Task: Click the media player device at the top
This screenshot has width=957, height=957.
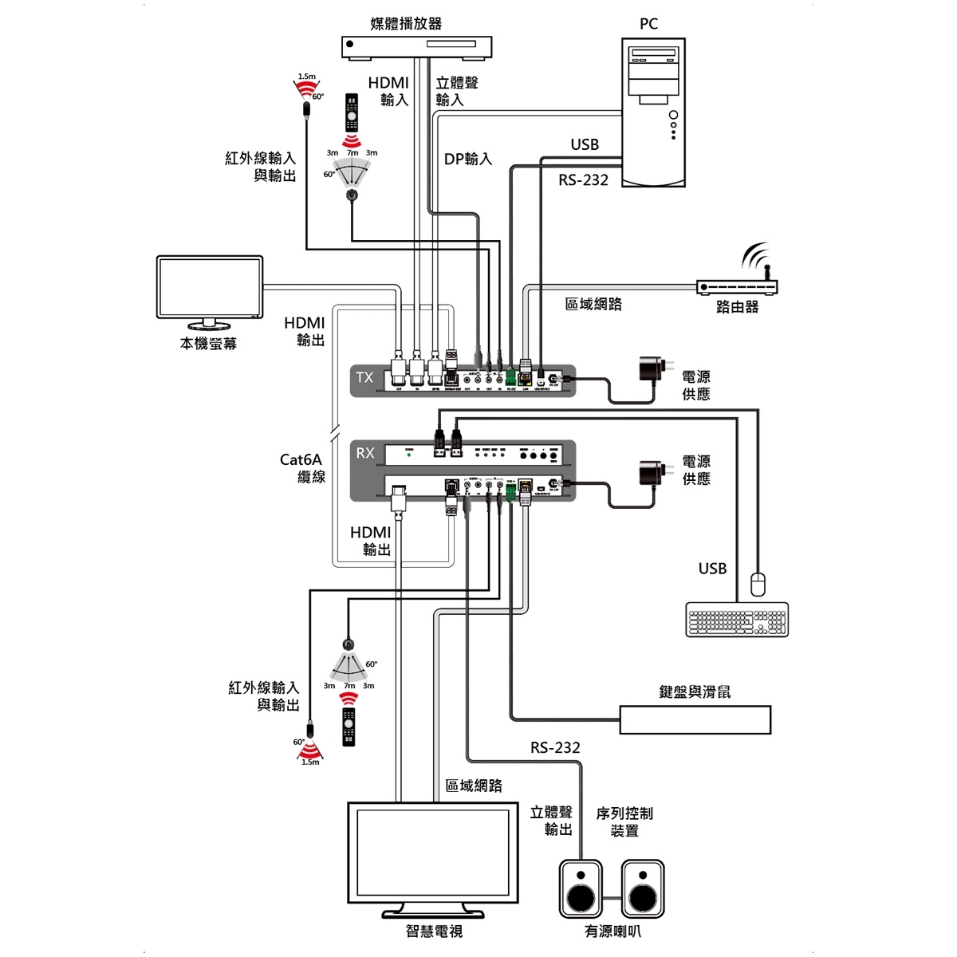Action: pos(417,47)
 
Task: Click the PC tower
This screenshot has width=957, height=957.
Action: pos(653,112)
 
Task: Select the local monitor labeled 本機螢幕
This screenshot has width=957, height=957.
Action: pos(210,288)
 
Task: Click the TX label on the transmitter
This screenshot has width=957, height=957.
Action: pos(364,377)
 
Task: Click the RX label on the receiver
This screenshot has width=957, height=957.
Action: pos(365,453)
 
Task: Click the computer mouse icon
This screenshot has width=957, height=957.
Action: pos(758,585)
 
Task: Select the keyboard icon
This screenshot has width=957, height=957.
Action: pos(737,620)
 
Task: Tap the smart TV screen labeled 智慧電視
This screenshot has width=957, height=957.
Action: pos(433,853)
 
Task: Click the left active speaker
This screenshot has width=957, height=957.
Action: pos(581,888)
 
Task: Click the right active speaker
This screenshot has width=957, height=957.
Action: pos(643,888)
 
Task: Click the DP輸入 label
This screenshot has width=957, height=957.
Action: pos(468,159)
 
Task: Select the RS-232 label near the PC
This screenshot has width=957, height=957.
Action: pos(583,180)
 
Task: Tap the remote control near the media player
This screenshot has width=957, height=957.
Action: pos(351,112)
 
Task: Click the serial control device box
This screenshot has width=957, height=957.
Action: pos(695,719)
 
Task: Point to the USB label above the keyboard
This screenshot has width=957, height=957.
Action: pos(712,569)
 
